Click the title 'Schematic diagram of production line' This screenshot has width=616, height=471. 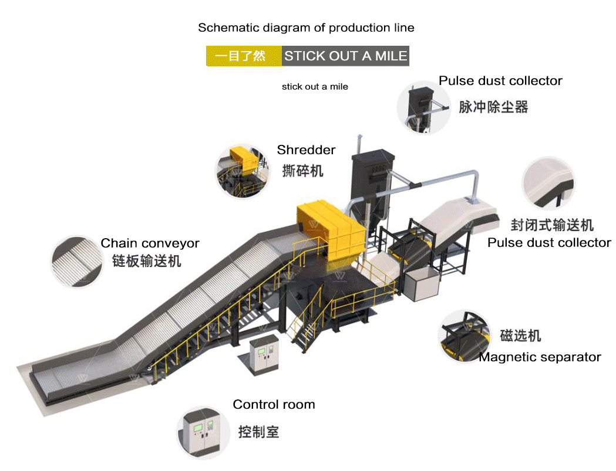coord(306,28)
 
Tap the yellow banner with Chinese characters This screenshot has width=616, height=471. coord(244,56)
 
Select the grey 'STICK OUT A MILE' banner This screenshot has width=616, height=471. coord(345,56)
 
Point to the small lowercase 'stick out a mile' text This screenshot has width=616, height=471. coord(315,87)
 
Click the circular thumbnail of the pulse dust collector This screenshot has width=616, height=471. coord(424,107)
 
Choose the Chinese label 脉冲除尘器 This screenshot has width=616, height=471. coord(493,107)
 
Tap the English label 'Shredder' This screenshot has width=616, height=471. coord(306,150)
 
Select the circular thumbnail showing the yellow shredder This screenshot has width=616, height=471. coord(241,170)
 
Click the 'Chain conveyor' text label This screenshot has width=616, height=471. coord(150,243)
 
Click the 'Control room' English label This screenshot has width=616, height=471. coord(274,405)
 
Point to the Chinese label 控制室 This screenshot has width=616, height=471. coord(258,432)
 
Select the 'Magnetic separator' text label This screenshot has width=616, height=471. coord(540,357)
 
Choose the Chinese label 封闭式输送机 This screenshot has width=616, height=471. coord(552,225)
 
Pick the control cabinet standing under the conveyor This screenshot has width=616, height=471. coord(262,356)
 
